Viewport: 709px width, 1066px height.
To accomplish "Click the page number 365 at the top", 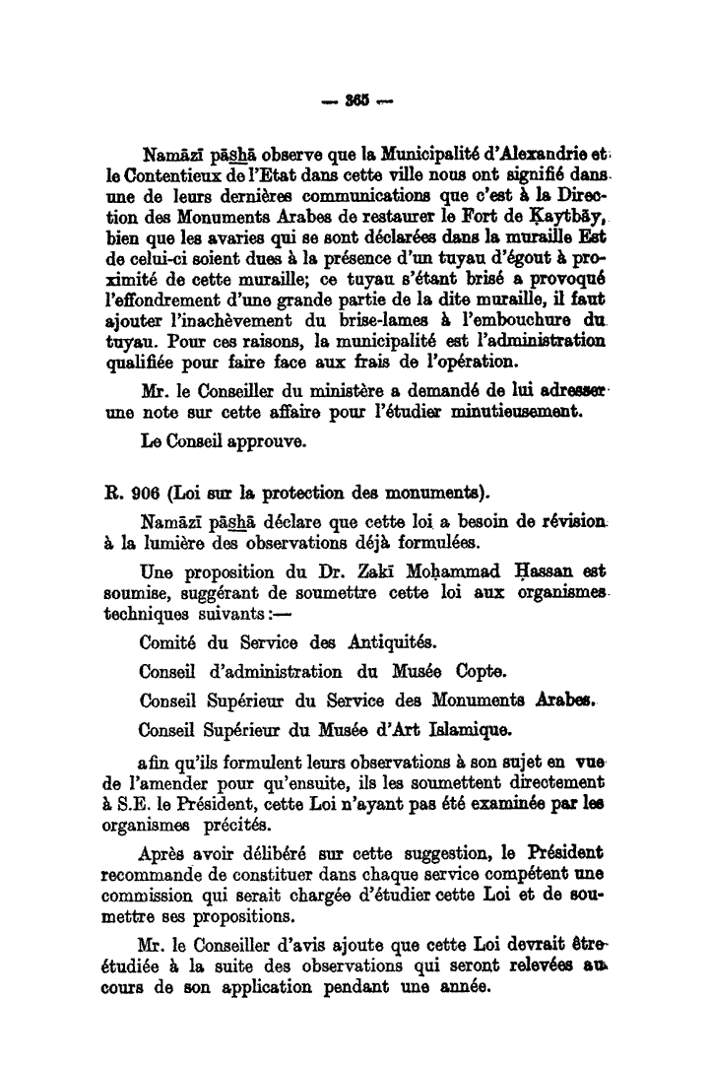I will coord(354,101).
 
